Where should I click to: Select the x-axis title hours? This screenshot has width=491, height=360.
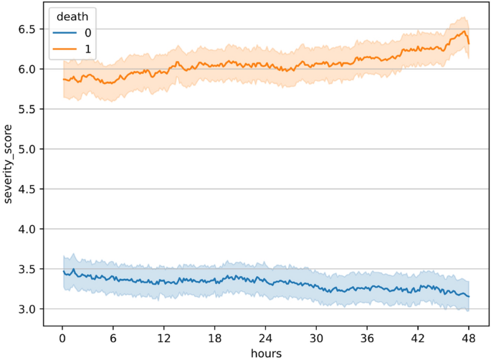point(265,352)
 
